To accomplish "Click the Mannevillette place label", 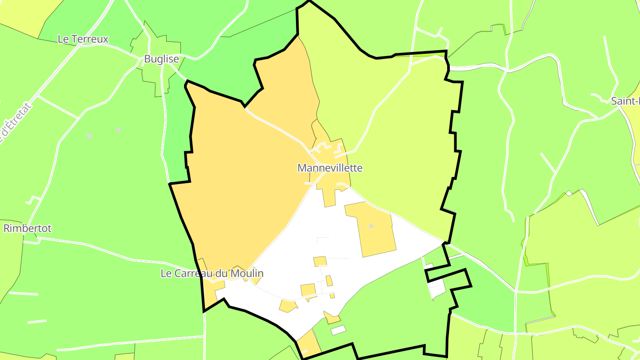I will [x=330, y=168].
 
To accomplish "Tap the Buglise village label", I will [x=161, y=59].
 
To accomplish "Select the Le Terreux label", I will [x=83, y=39].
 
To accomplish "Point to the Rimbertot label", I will [x=28, y=228].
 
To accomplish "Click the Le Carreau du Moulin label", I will [x=212, y=273].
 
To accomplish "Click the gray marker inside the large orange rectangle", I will [x=371, y=226].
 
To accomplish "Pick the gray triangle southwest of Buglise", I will [x=89, y=136].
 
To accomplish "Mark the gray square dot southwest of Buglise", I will [x=118, y=129].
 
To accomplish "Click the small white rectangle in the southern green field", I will [x=339, y=330].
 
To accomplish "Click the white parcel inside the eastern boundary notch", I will [x=437, y=288].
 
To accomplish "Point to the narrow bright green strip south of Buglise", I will [x=176, y=133].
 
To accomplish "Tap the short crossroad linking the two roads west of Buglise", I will [x=58, y=107].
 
